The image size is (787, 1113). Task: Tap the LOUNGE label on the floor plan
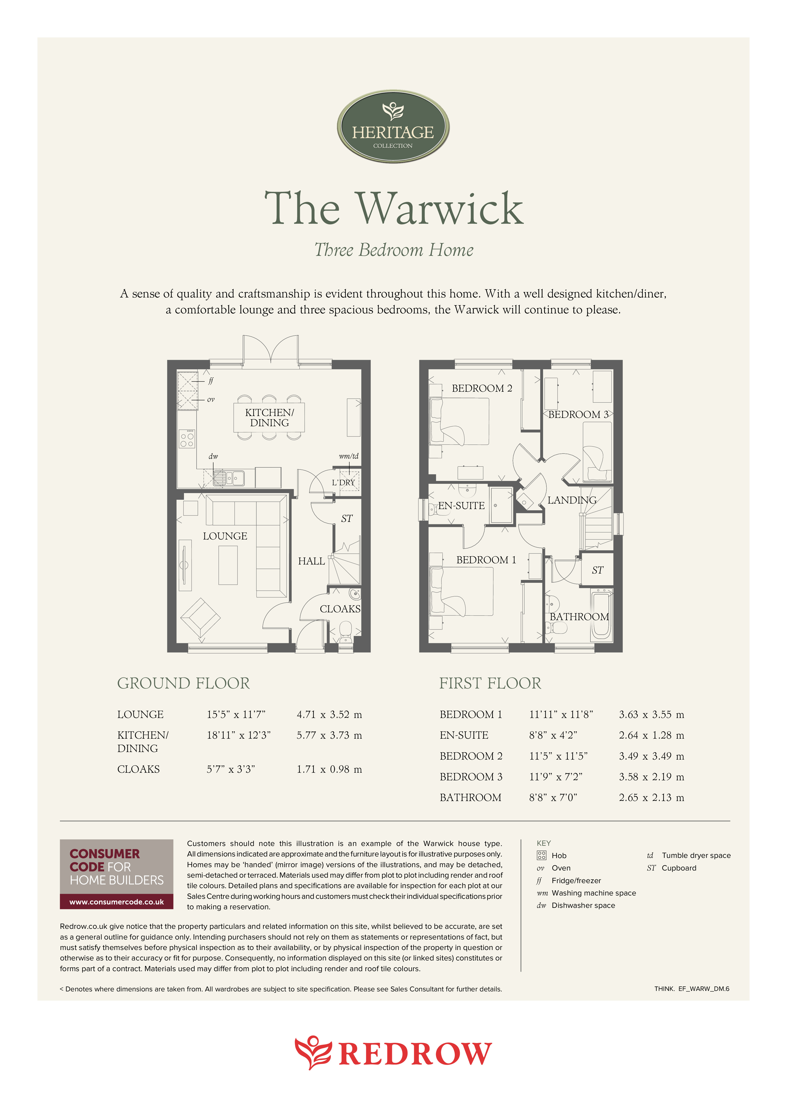[225, 536]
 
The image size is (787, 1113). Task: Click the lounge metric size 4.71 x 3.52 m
[329, 715]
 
